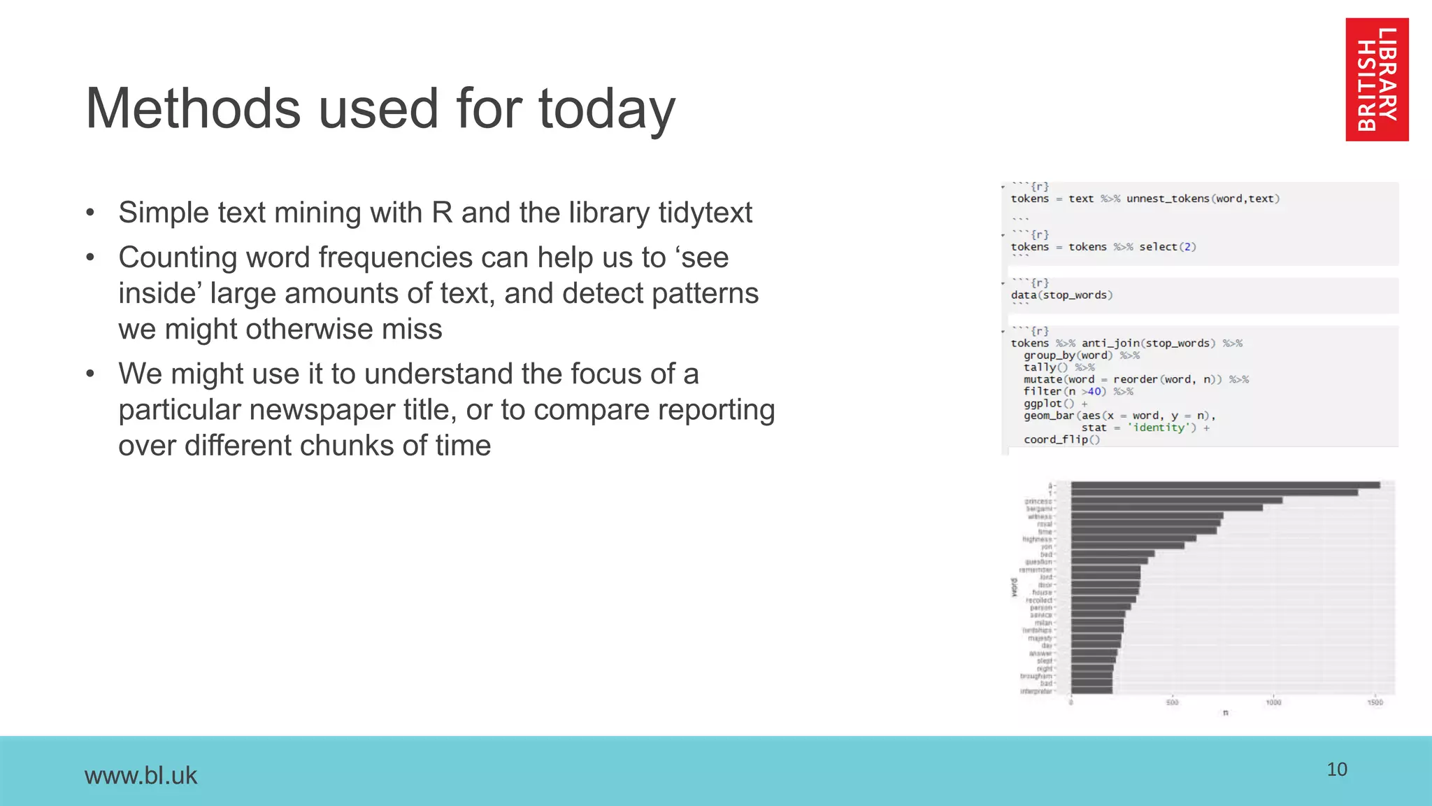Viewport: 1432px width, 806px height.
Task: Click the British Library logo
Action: coord(1377,80)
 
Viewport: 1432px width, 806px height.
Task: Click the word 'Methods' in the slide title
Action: coord(192,109)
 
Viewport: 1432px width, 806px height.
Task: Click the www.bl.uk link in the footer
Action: coord(141,775)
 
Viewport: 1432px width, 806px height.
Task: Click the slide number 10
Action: coord(1336,770)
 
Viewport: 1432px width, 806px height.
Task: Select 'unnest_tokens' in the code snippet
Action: coord(1167,199)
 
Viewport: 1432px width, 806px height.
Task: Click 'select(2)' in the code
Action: coord(1167,247)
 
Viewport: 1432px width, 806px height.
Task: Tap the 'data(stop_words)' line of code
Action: coord(1061,295)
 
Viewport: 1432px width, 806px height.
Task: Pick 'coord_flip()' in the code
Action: coord(1061,439)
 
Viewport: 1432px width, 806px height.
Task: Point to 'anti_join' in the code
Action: coord(1110,344)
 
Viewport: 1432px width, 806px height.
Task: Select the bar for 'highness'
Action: coord(1133,539)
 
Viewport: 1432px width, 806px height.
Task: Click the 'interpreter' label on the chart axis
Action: coord(1036,691)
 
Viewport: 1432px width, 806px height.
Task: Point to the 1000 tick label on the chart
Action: coord(1273,702)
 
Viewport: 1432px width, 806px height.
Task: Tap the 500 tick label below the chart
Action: coord(1172,702)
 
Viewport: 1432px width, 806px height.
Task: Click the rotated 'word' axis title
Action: coord(1015,587)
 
